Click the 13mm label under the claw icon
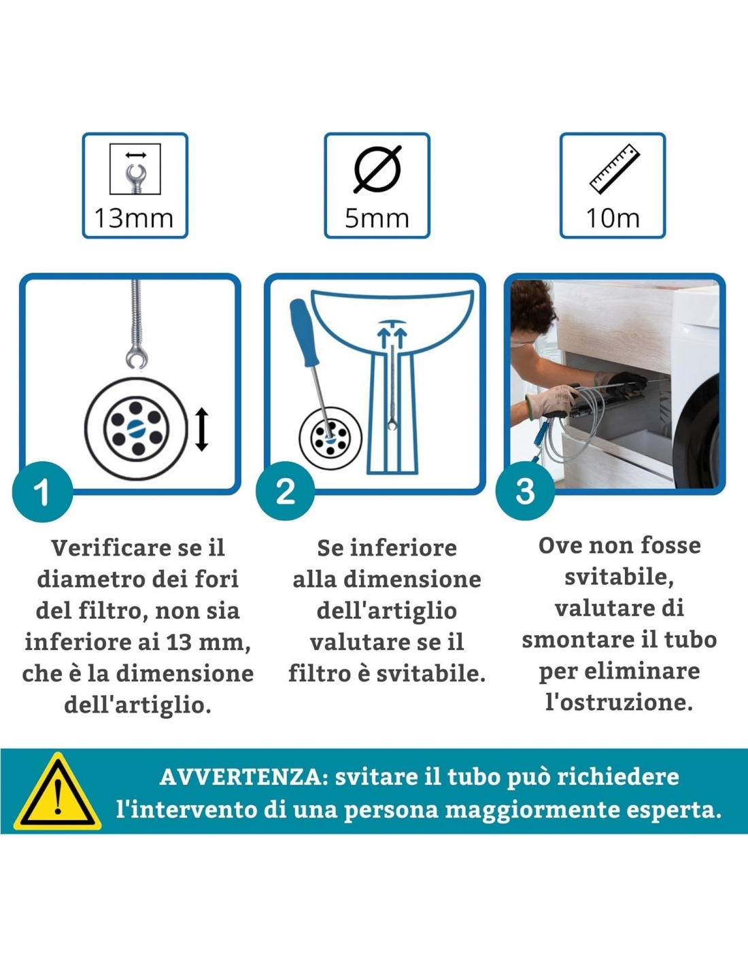tap(134, 218)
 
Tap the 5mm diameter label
tap(377, 218)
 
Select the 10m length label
tap(613, 218)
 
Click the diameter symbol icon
tap(377, 169)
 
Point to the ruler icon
tap(615, 169)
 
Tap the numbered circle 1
tap(43, 492)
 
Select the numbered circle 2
tap(285, 491)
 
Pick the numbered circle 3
tap(526, 491)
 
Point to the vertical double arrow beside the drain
tap(202, 429)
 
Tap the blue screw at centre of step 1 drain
tap(136, 428)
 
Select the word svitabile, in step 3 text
tap(619, 578)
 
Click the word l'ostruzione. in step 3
tap(619, 702)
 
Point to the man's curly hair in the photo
tap(532, 307)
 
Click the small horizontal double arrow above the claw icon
tap(136, 155)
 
